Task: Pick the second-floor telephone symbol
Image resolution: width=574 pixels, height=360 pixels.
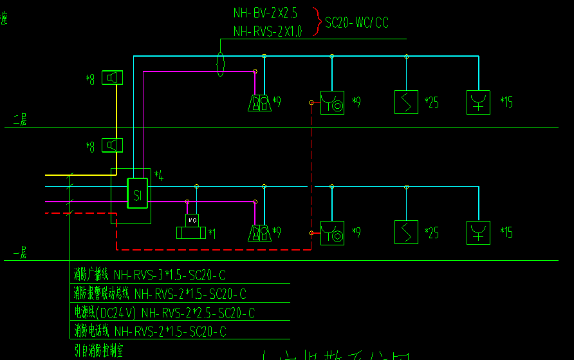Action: [x=332, y=102]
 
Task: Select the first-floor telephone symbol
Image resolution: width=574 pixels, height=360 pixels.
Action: [x=332, y=232]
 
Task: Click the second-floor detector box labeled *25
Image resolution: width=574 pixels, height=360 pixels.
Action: [x=406, y=102]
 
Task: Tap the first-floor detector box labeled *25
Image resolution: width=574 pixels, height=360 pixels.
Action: [x=406, y=232]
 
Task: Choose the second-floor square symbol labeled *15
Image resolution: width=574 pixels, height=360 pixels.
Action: [x=478, y=102]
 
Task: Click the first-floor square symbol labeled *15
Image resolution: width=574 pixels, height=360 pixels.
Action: [x=478, y=232]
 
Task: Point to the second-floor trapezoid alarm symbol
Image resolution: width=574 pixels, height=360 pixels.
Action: [x=260, y=103]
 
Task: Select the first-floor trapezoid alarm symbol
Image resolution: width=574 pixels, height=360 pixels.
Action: [x=260, y=232]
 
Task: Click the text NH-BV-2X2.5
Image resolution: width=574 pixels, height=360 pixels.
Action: [x=265, y=13]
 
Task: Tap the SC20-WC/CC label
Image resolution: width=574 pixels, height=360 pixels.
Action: [x=356, y=24]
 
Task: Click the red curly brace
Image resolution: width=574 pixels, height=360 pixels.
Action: [x=317, y=21]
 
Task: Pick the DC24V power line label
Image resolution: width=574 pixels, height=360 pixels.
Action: [x=164, y=313]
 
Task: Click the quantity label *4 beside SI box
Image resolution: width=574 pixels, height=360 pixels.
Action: [x=159, y=176]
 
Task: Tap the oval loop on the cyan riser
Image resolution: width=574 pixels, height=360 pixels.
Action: [x=221, y=64]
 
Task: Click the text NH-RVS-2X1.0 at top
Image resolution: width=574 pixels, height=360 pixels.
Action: [x=267, y=31]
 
